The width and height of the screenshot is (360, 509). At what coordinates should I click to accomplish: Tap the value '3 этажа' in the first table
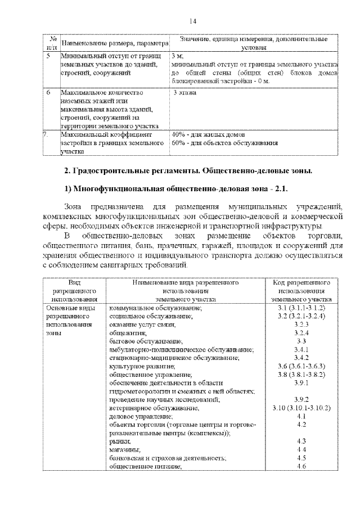(185, 92)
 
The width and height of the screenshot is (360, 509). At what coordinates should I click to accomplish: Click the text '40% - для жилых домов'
(205, 135)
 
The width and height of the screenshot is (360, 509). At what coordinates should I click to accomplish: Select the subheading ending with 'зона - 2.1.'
(179, 187)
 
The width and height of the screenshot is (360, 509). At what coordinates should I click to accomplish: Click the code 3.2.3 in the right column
(301, 325)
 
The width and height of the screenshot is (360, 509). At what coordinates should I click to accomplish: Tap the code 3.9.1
(301, 382)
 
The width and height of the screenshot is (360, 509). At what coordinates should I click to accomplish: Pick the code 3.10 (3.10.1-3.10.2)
(301, 407)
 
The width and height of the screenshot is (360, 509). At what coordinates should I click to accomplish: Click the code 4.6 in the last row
(301, 466)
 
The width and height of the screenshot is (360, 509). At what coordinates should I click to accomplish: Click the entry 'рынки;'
(120, 441)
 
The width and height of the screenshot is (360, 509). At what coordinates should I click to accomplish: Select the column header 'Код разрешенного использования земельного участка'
(301, 291)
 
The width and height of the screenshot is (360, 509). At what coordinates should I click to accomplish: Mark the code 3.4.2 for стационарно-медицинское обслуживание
(301, 358)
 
